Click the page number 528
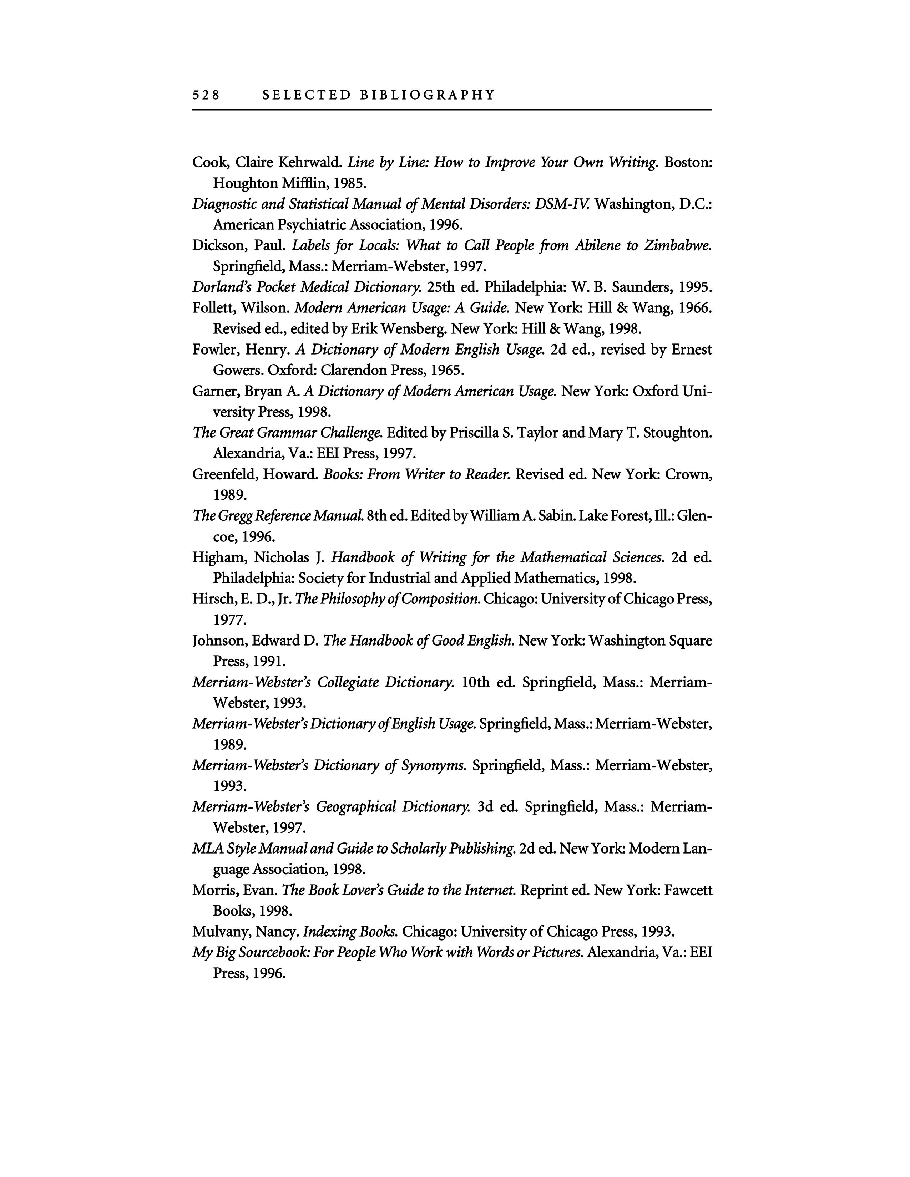click(x=206, y=95)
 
